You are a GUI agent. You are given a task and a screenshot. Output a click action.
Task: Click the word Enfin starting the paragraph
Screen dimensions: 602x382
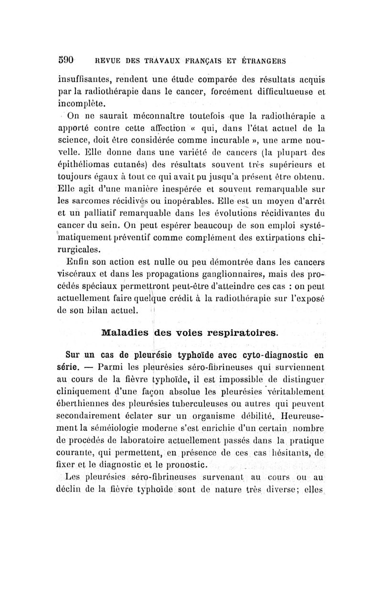click(77, 261)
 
